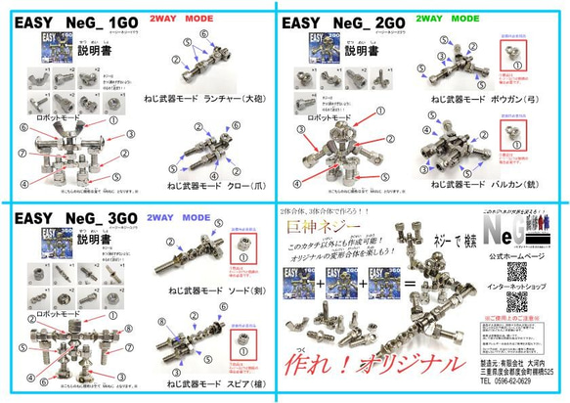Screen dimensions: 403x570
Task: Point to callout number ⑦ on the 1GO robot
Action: [x=21, y=152]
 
